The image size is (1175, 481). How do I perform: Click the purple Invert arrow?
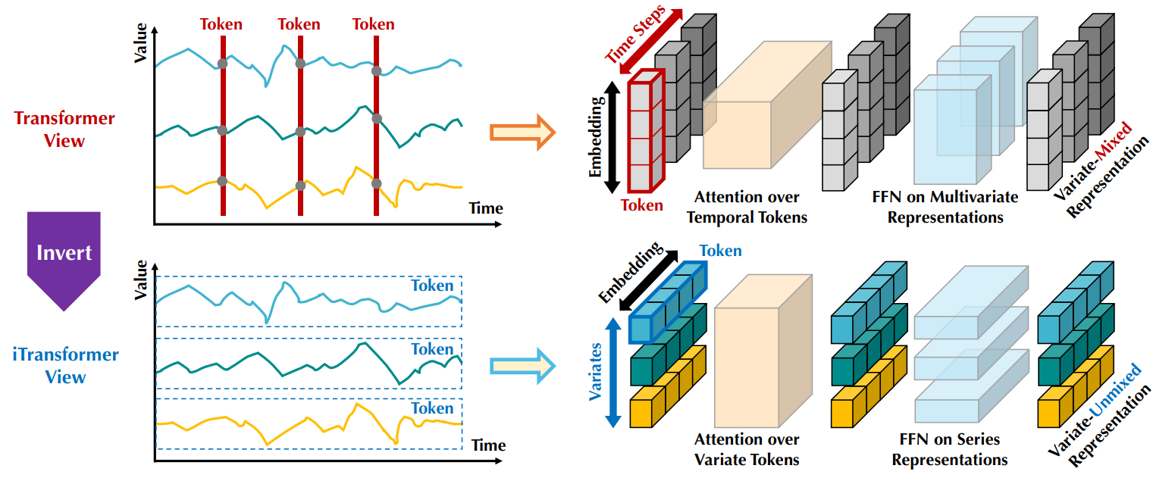coord(64,258)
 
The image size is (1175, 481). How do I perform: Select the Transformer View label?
coord(64,129)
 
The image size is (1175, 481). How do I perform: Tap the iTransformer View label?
coord(65,365)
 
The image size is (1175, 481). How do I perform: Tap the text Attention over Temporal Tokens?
coord(752,207)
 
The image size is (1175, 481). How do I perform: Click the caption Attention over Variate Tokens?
coord(747,448)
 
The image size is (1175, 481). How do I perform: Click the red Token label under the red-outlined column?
coord(641,205)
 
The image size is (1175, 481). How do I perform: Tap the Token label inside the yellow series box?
coord(432,408)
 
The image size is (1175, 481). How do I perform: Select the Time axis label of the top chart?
coord(485,208)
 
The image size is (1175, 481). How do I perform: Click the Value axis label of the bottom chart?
coord(141,280)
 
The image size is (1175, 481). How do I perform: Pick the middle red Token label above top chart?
coord(299,24)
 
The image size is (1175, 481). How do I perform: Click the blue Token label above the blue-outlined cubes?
coord(720,251)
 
